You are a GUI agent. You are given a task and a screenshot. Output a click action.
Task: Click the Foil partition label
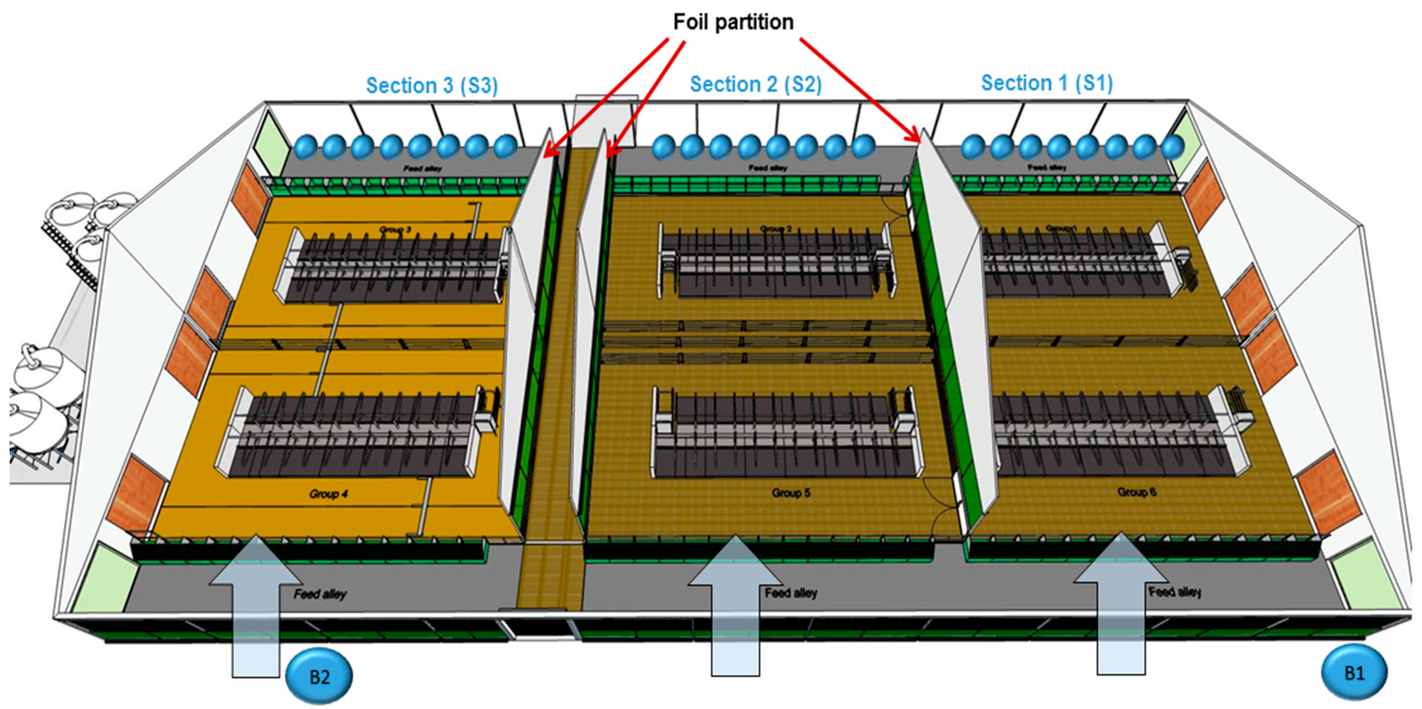pos(733,22)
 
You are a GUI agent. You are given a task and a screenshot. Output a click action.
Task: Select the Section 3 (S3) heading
pos(432,86)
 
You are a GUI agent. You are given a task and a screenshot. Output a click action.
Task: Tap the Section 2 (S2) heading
pos(756,84)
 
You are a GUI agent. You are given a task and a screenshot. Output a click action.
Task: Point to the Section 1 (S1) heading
pos(1047,83)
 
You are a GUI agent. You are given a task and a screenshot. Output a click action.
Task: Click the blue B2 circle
pos(319,676)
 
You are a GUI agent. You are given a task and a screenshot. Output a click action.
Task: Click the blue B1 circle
pos(1354,673)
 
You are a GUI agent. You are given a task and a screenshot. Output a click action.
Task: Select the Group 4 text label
pos(328,494)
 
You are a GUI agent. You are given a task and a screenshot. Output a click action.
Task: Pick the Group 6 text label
pos(1137,492)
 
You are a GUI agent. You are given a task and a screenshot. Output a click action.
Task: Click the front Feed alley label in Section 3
pos(320,594)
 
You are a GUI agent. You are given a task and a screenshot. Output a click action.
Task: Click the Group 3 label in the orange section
pos(395,229)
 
